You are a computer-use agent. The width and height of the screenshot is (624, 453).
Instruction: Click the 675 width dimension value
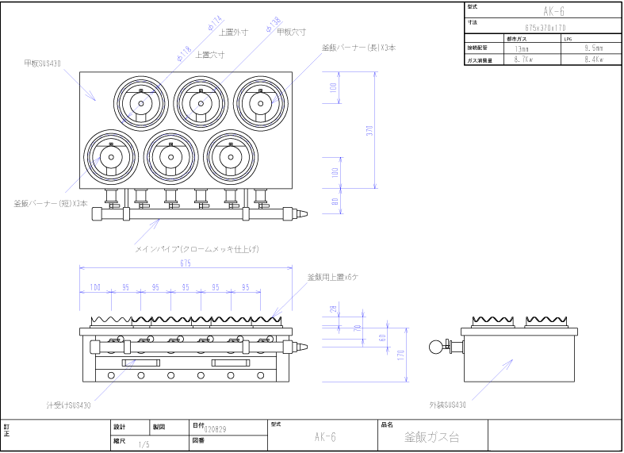(186, 263)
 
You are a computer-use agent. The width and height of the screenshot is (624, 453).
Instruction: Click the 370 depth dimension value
(369, 131)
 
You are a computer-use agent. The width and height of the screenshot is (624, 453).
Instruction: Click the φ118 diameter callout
(185, 53)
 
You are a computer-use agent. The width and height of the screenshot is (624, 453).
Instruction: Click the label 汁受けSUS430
(68, 405)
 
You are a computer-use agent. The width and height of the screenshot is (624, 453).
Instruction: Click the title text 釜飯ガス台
(431, 437)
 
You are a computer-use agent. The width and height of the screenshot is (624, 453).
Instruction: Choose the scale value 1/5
(144, 445)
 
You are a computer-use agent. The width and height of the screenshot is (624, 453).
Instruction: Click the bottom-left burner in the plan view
(110, 157)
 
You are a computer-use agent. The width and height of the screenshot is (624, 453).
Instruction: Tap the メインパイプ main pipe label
(197, 248)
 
